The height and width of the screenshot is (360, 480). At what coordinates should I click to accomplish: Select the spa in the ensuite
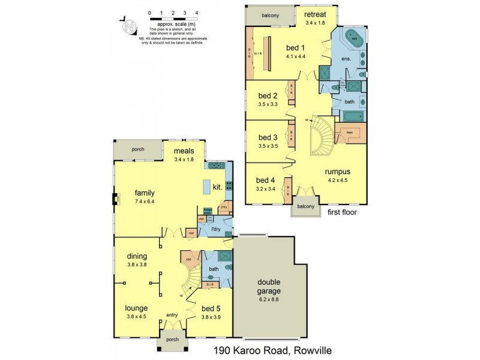click(354, 38)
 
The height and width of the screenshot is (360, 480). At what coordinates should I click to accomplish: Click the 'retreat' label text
click(314, 14)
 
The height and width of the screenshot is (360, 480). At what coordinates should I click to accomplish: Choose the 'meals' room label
click(184, 151)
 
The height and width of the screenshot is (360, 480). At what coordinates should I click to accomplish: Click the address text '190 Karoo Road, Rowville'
click(272, 350)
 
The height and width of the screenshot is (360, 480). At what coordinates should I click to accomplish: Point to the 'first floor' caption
click(343, 212)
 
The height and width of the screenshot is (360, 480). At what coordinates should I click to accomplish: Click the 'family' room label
click(145, 193)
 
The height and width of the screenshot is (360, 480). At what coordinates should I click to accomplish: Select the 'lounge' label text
click(137, 308)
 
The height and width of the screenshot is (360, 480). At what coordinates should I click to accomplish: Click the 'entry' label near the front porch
click(172, 314)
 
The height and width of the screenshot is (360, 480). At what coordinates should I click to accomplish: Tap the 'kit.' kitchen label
click(218, 188)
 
